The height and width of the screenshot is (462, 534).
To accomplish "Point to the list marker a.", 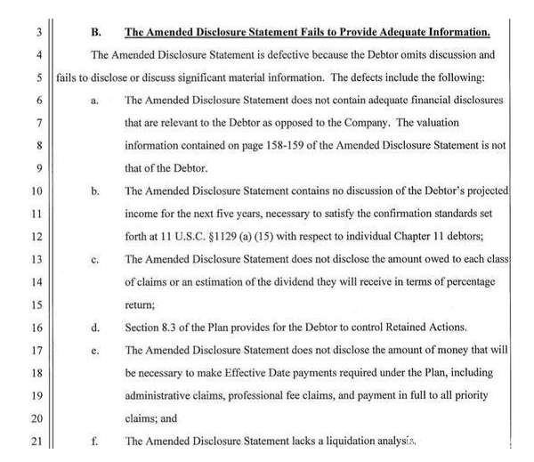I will point(93,101).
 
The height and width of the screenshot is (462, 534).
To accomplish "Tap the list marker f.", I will point(93,441).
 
